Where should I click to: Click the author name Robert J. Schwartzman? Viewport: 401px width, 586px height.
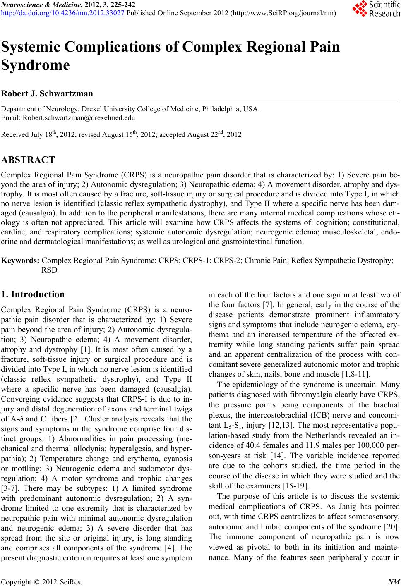[48, 93]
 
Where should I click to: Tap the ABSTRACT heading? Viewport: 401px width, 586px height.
[28, 160]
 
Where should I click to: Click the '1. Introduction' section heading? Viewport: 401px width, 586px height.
[34, 295]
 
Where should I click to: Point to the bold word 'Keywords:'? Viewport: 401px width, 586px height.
[21, 261]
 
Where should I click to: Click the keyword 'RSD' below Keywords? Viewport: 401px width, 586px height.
[50, 270]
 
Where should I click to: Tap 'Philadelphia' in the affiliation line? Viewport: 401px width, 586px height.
[223, 110]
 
